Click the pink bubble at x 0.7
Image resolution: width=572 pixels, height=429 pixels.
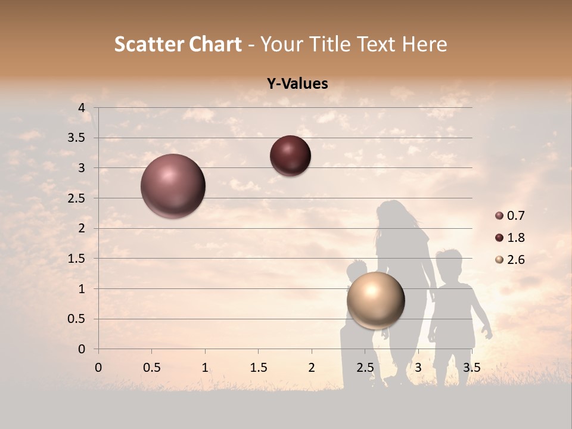[173, 186]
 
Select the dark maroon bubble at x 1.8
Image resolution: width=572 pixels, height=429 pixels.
[290, 156]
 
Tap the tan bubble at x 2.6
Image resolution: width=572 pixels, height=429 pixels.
[375, 300]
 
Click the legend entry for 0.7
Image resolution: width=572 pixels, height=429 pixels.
[510, 216]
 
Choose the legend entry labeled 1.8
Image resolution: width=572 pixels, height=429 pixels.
[510, 238]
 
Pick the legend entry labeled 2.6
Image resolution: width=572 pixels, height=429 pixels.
[510, 260]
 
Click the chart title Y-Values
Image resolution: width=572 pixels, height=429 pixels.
[297, 84]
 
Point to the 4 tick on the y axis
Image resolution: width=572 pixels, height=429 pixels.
[82, 108]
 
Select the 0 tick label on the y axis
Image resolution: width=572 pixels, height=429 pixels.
[82, 349]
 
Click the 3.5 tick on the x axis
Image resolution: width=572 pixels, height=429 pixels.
[471, 368]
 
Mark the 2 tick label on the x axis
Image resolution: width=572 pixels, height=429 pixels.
[311, 368]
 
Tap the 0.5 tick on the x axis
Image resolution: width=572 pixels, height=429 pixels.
[151, 368]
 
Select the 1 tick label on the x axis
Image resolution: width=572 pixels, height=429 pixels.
[205, 368]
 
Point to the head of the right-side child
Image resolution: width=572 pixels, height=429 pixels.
[449, 262]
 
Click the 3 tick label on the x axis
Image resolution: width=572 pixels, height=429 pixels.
[418, 368]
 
